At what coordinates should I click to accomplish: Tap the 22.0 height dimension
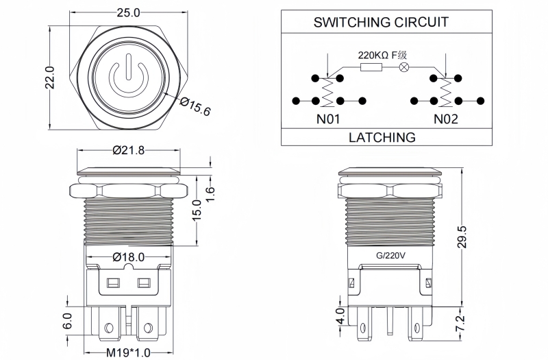point(49,81)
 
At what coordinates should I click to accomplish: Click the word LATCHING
point(382,137)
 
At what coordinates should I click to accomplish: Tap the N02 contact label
point(445,119)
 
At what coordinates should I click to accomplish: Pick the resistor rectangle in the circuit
point(371,67)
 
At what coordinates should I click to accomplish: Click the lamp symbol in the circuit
point(404,67)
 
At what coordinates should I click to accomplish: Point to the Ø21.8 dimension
point(127,150)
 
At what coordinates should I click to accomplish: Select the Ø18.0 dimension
point(127,256)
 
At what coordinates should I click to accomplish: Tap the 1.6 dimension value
point(212,193)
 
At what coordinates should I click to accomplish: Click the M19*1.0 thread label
point(128,352)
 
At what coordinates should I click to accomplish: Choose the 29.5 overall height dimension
point(462,237)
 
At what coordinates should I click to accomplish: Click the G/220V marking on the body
point(388,256)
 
